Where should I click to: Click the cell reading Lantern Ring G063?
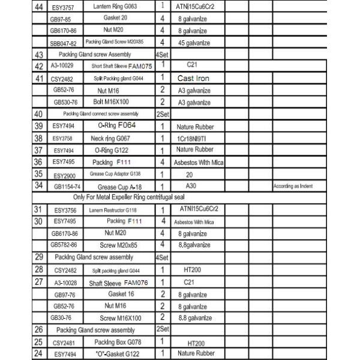click(116, 6)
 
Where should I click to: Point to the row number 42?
click(38, 66)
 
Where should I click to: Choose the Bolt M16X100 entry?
click(116, 102)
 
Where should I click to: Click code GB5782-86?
click(64, 244)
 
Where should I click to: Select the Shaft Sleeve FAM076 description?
click(118, 281)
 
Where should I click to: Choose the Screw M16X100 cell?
click(120, 317)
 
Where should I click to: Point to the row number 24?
click(38, 353)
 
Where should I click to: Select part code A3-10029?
click(63, 66)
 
